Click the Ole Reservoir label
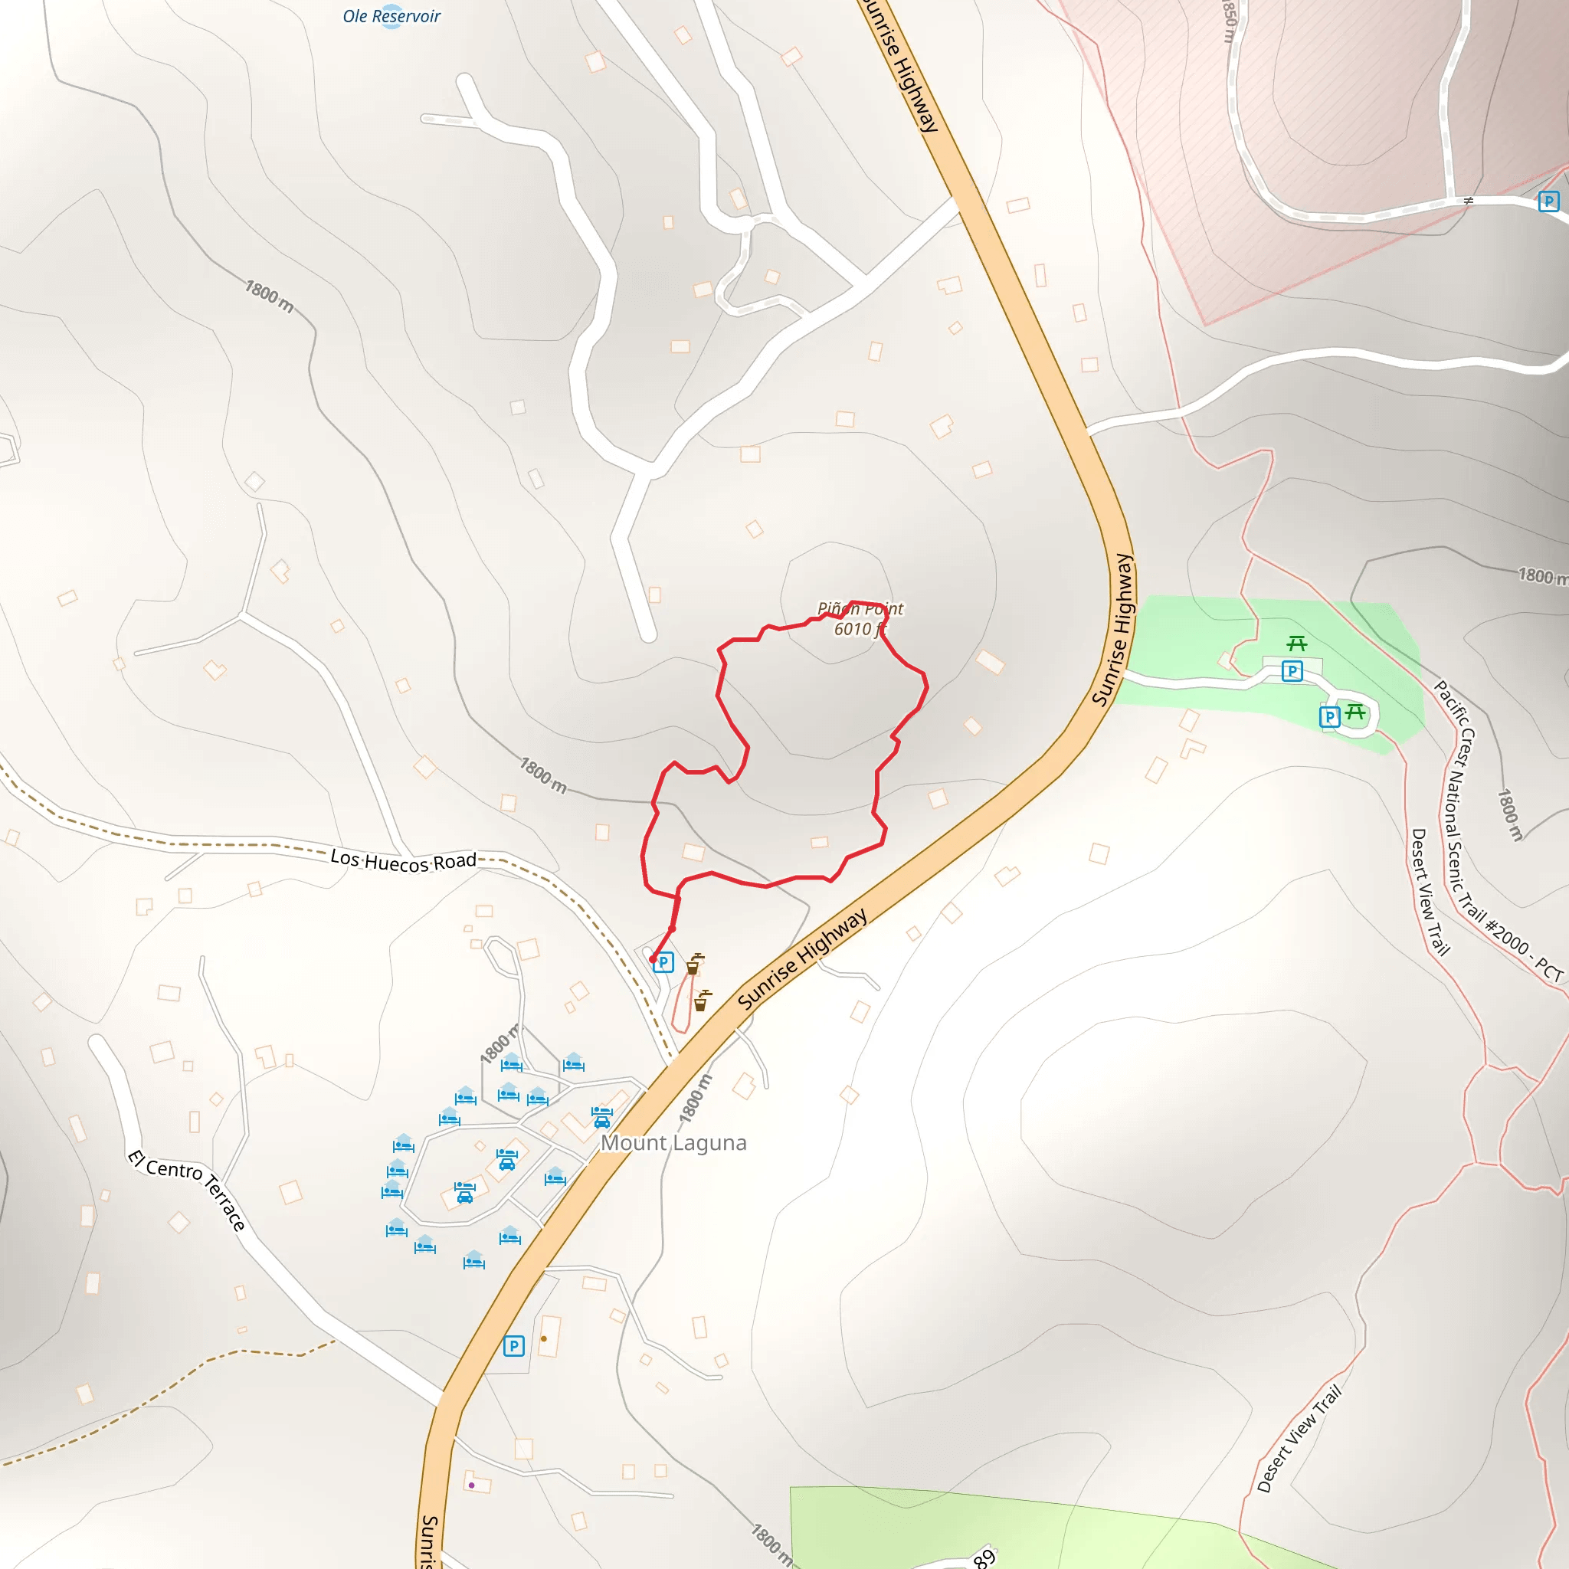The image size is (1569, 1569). click(391, 16)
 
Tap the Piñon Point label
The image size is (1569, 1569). click(860, 608)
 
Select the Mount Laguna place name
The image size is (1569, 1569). click(673, 1142)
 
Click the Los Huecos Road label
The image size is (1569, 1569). click(403, 861)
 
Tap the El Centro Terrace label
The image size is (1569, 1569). click(187, 1190)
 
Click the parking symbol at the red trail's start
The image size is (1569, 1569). click(663, 962)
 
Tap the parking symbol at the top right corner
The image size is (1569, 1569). click(1548, 201)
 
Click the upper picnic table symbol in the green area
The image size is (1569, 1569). click(1297, 644)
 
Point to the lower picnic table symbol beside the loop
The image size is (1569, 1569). click(1354, 712)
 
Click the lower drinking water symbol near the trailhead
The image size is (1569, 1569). click(702, 1001)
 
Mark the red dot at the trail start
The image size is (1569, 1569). click(653, 959)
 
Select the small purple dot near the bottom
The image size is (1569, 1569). click(471, 1485)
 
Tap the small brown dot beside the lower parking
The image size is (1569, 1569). click(543, 1338)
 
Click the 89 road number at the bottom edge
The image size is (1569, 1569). click(984, 1557)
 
